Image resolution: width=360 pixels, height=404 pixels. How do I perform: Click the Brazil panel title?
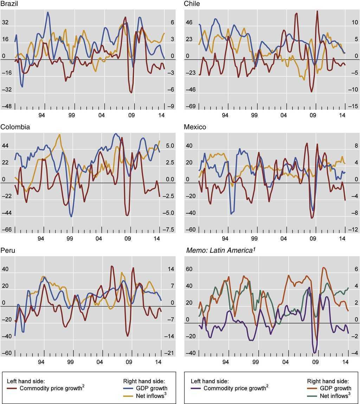[9, 4]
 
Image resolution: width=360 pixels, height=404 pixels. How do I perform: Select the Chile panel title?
[192, 4]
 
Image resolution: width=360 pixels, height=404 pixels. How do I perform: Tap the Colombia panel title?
[15, 127]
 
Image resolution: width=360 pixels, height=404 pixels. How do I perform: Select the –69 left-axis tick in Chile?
[190, 106]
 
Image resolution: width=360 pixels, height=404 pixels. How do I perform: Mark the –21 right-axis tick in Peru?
[170, 353]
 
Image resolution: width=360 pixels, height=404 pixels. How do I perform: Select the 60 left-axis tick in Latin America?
[189, 269]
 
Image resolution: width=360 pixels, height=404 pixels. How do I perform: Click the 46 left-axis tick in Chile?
[189, 23]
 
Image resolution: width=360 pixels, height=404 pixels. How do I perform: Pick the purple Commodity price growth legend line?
[196, 389]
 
